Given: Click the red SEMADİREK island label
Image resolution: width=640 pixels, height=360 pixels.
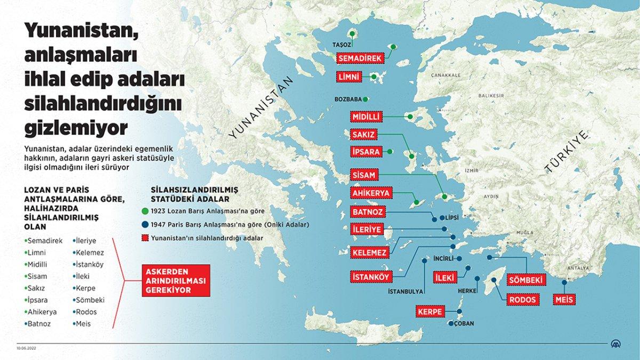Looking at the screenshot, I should coord(361,58).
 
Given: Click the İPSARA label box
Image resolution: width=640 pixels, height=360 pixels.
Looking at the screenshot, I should coord(366,151).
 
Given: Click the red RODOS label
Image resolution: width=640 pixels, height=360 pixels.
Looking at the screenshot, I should coord(521,299).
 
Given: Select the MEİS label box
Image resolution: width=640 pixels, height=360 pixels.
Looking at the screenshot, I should coord(564,299).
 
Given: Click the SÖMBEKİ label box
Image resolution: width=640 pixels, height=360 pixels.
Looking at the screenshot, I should coord(525,279).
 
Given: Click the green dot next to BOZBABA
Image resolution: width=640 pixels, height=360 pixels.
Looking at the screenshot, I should coord(365,99).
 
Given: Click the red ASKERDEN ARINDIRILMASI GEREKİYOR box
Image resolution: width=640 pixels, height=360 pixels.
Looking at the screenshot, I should coord(177,280).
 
